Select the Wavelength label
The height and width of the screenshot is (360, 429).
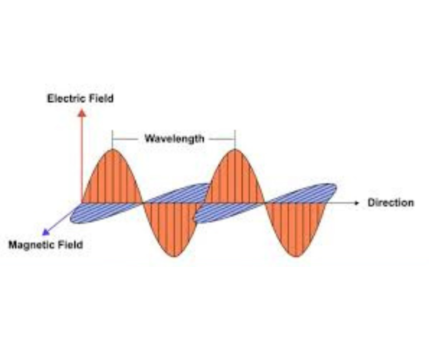point(174,138)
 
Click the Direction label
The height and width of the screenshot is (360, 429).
point(391,202)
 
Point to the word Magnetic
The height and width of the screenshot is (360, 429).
point(32,244)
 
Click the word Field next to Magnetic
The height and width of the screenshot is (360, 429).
point(70,244)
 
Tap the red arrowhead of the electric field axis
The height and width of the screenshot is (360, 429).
point(82,112)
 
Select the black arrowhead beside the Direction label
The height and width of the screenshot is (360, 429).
point(357,202)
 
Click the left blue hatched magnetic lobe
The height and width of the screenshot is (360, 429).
point(105,213)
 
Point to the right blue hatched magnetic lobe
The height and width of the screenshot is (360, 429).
point(301,192)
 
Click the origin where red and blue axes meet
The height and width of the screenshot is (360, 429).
point(82,202)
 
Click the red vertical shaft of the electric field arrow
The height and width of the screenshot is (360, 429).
point(82,155)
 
